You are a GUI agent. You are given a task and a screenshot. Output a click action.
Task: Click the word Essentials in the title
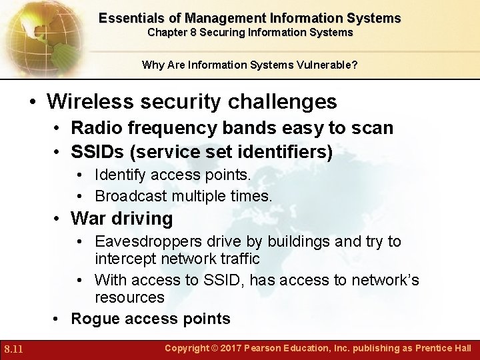tap(128, 18)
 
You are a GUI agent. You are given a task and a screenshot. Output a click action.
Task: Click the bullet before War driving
tap(58, 219)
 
